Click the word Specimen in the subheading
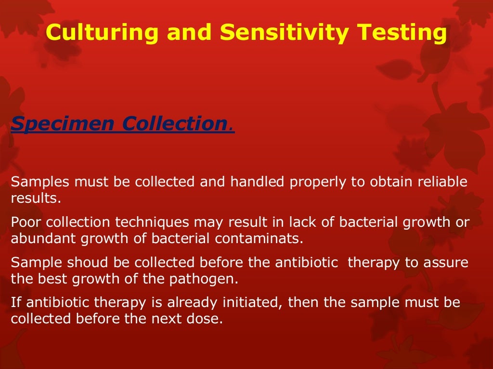coord(62,124)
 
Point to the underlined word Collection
coord(174,124)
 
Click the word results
coord(36,198)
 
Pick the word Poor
coord(27,222)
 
